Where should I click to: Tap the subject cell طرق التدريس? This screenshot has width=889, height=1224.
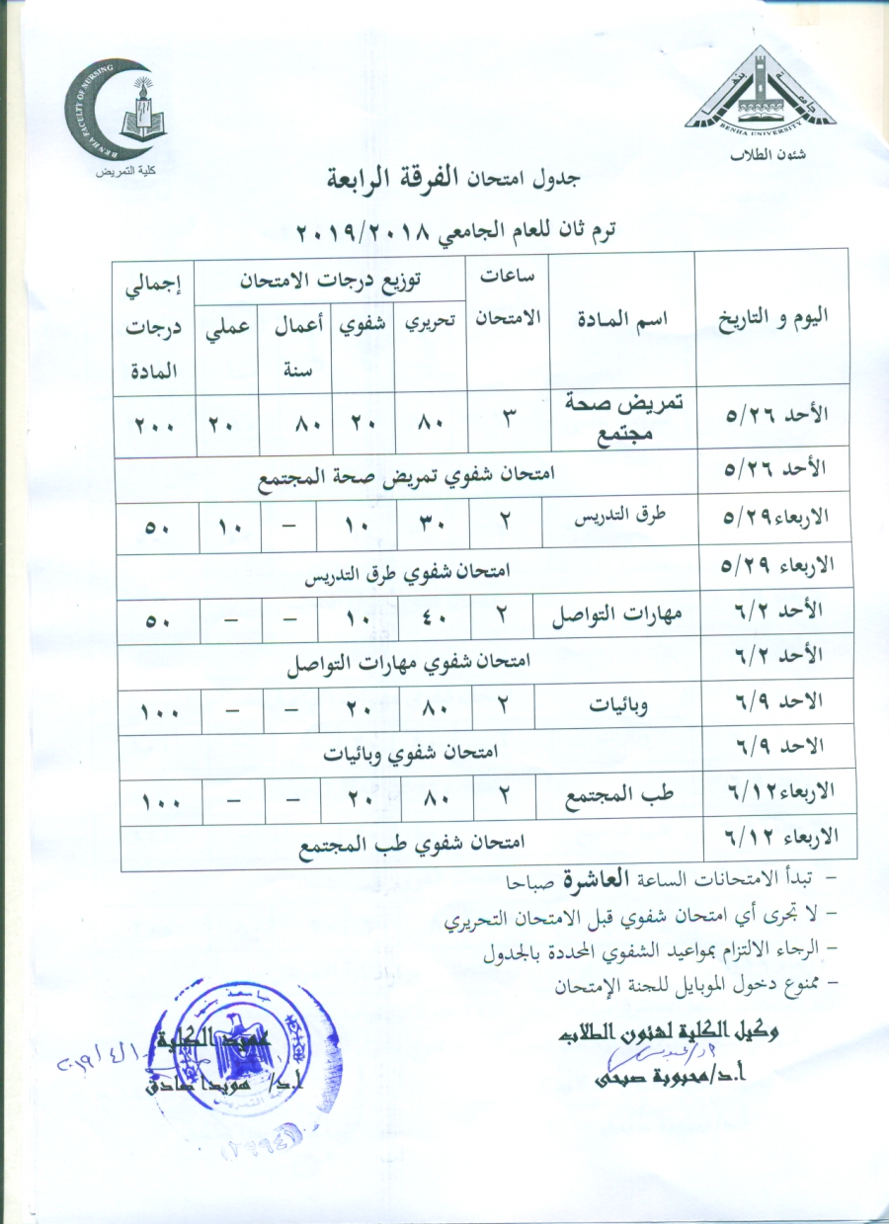pos(617,517)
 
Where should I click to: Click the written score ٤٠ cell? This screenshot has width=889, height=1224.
pos(435,622)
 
